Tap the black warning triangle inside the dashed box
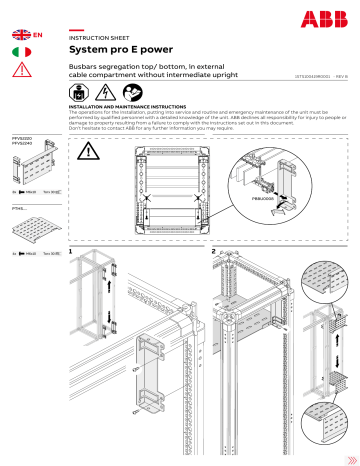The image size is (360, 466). point(91,152)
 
